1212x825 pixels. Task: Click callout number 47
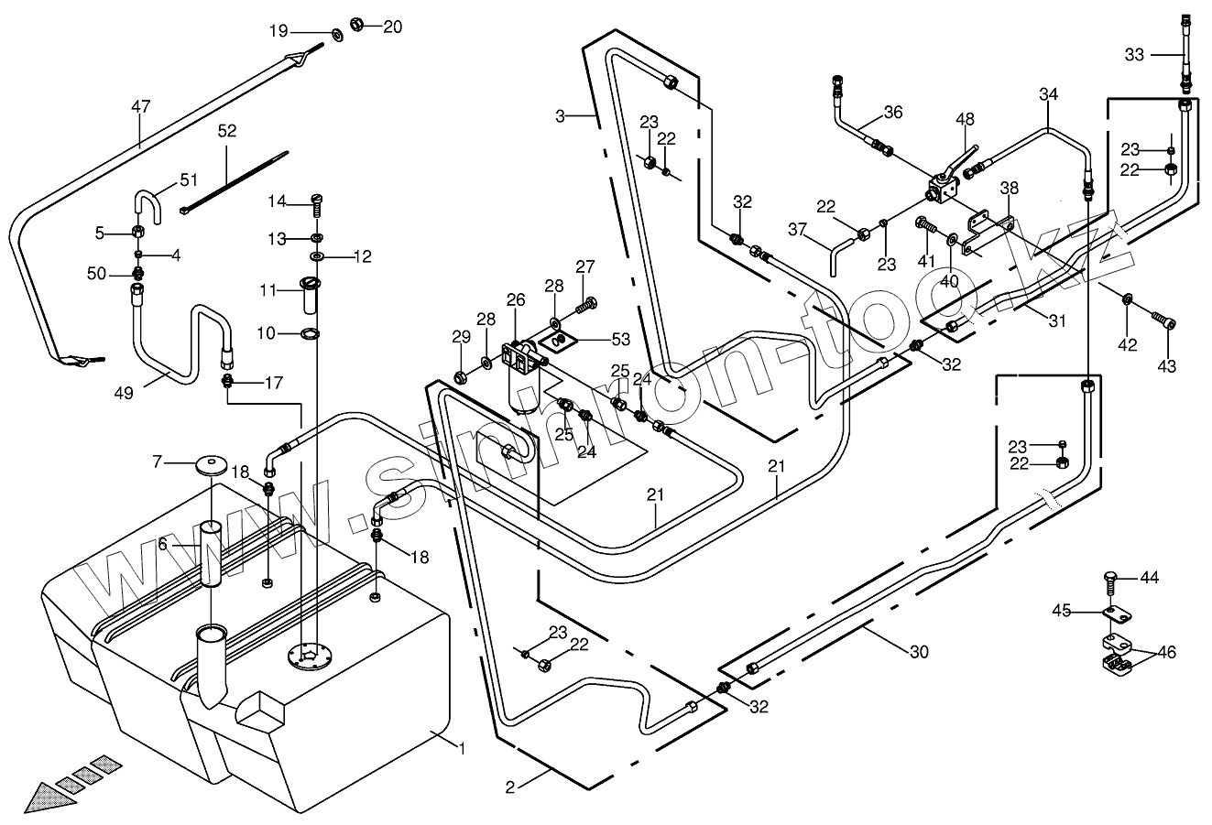pyautogui.click(x=140, y=107)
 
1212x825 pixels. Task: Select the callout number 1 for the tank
pyautogui.click(x=463, y=748)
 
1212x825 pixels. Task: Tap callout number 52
pyautogui.click(x=227, y=131)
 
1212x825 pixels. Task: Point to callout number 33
pyautogui.click(x=1134, y=55)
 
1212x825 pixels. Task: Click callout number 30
pyautogui.click(x=919, y=652)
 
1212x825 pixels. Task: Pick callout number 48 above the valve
pyautogui.click(x=966, y=119)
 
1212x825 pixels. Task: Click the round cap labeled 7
pyautogui.click(x=211, y=463)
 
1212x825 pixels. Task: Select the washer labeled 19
pyautogui.click(x=334, y=34)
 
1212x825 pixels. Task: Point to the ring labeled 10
pyautogui.click(x=310, y=333)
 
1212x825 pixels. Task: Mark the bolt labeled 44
pyautogui.click(x=1110, y=580)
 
